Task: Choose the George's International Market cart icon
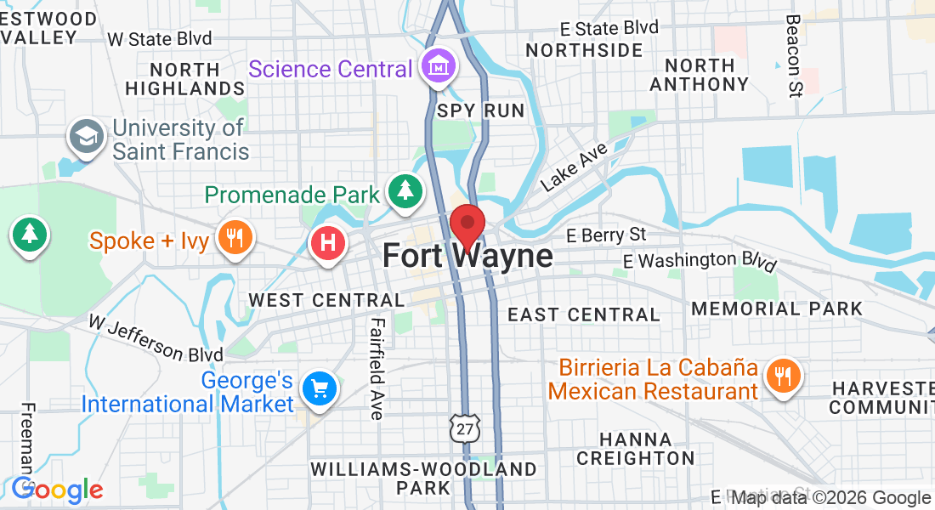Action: [319, 389]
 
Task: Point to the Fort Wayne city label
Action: [467, 256]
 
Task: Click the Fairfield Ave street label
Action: [377, 368]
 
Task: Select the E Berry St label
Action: [606, 235]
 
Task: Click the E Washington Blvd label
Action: [700, 261]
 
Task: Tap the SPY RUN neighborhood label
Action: [481, 111]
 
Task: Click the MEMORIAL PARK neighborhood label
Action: [777, 309]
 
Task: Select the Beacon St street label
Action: [794, 55]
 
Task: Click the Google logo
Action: [57, 490]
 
